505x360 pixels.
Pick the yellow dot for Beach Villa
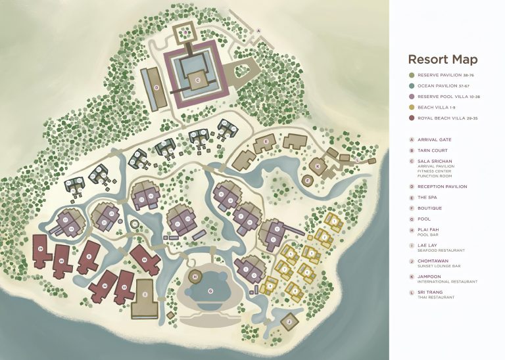point(412,108)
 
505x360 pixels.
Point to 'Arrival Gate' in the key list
point(440,139)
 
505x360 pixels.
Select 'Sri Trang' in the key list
point(430,292)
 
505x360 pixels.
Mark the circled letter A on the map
point(258,30)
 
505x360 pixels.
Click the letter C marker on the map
point(197,80)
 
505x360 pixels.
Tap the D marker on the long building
point(156,87)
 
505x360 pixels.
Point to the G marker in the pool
point(210,290)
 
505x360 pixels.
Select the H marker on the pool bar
point(195,277)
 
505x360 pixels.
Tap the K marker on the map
point(318,166)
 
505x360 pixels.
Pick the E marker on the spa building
point(265,141)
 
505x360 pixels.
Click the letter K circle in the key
point(412,277)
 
